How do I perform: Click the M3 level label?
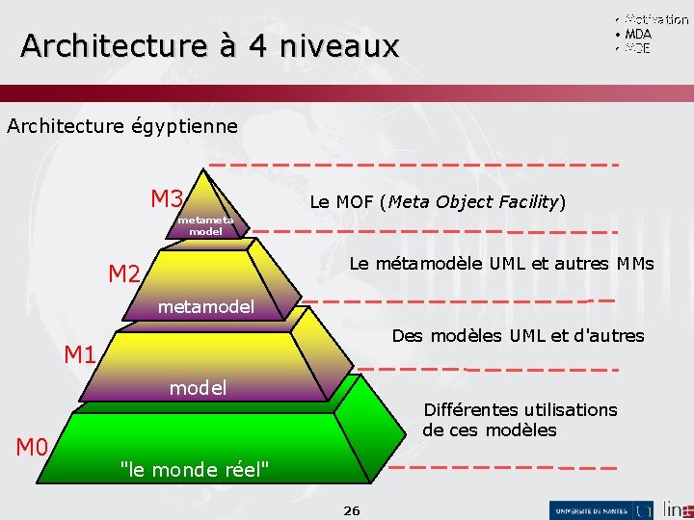(x=167, y=199)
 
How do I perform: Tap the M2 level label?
(x=124, y=274)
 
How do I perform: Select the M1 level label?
(x=80, y=354)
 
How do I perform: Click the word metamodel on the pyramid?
(x=205, y=307)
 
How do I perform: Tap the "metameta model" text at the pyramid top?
(x=205, y=225)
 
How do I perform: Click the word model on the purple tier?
(x=198, y=388)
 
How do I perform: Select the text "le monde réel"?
(x=194, y=469)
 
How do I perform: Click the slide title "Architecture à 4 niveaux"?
(x=209, y=45)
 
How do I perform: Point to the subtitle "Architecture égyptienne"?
(x=122, y=126)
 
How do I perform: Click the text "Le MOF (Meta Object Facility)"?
(x=438, y=202)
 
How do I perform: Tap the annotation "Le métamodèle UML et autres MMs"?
(x=501, y=264)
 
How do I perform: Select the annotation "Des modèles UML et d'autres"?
(x=518, y=336)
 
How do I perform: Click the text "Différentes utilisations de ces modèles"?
(x=520, y=420)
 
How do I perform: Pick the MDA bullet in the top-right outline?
(x=637, y=34)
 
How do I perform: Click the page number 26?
(x=352, y=509)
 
